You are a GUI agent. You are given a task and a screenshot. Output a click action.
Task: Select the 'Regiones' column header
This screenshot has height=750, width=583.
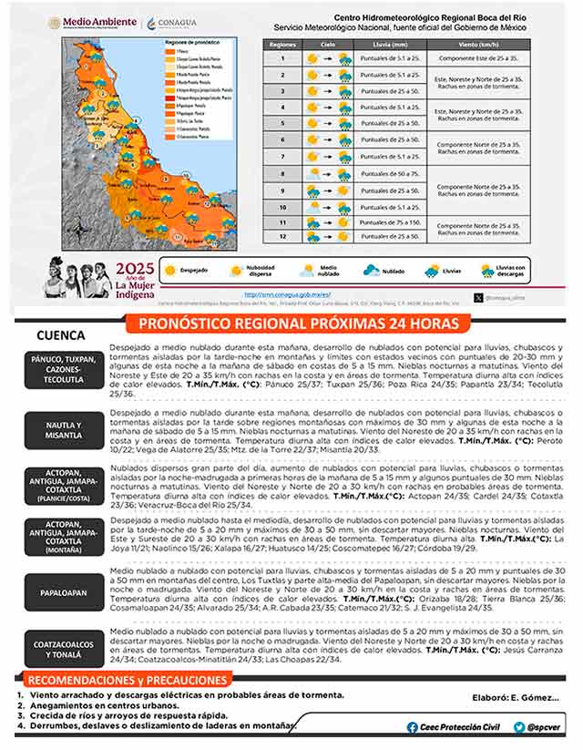[283, 43]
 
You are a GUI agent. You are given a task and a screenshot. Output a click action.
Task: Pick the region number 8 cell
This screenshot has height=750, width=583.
[283, 173]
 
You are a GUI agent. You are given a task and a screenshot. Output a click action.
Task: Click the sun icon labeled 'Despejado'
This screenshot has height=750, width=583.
[170, 271]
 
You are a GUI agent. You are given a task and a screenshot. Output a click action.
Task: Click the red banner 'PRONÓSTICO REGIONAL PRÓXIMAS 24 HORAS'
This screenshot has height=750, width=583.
[291, 324]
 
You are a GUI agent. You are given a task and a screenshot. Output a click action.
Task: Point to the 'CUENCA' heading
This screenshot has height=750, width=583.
[61, 335]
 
